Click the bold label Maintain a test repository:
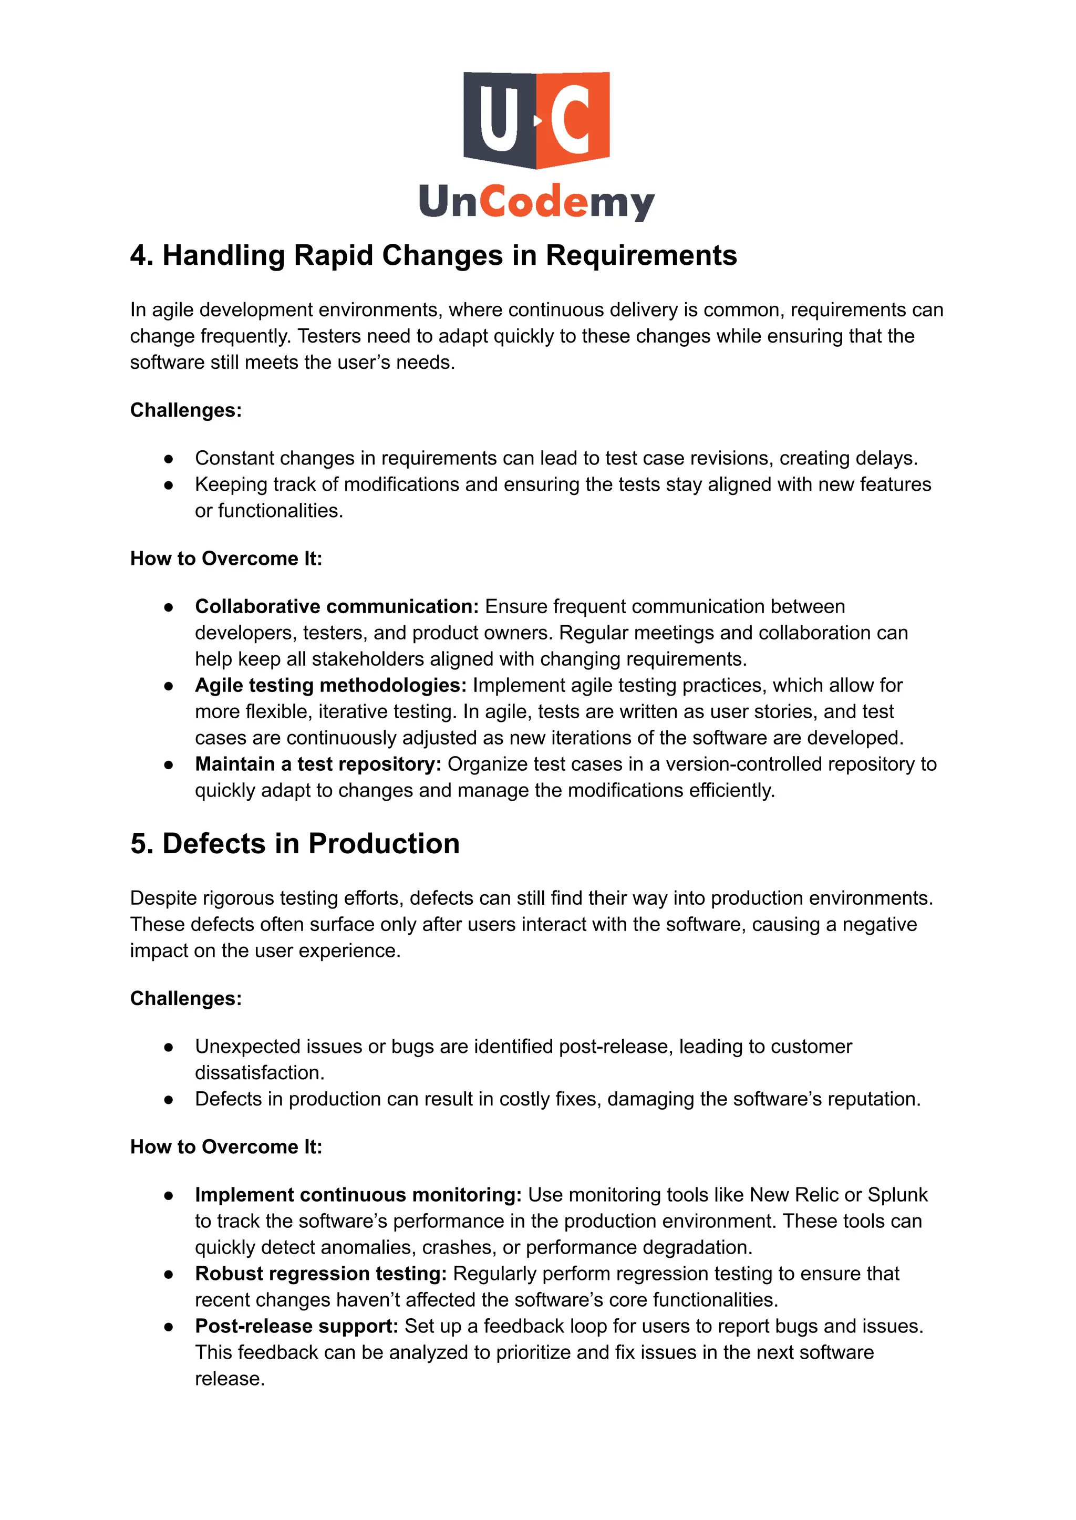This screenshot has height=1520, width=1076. tap(318, 764)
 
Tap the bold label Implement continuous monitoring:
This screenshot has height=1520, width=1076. tap(358, 1195)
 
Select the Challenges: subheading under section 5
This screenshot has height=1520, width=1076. tap(185, 999)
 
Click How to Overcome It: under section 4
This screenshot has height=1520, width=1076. tap(226, 559)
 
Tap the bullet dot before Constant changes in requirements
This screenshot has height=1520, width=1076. tap(169, 459)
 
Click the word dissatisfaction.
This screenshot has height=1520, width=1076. tap(259, 1073)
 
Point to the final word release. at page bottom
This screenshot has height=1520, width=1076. tap(229, 1379)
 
